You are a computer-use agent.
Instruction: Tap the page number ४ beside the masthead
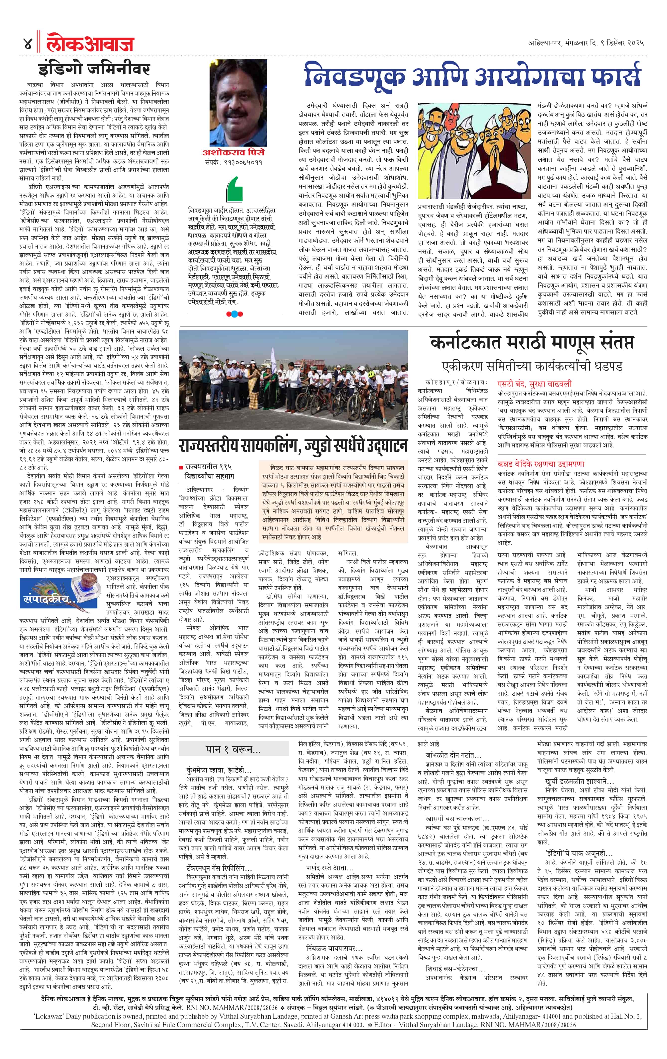click(27, 44)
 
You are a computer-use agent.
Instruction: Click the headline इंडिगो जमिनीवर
click(94, 69)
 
